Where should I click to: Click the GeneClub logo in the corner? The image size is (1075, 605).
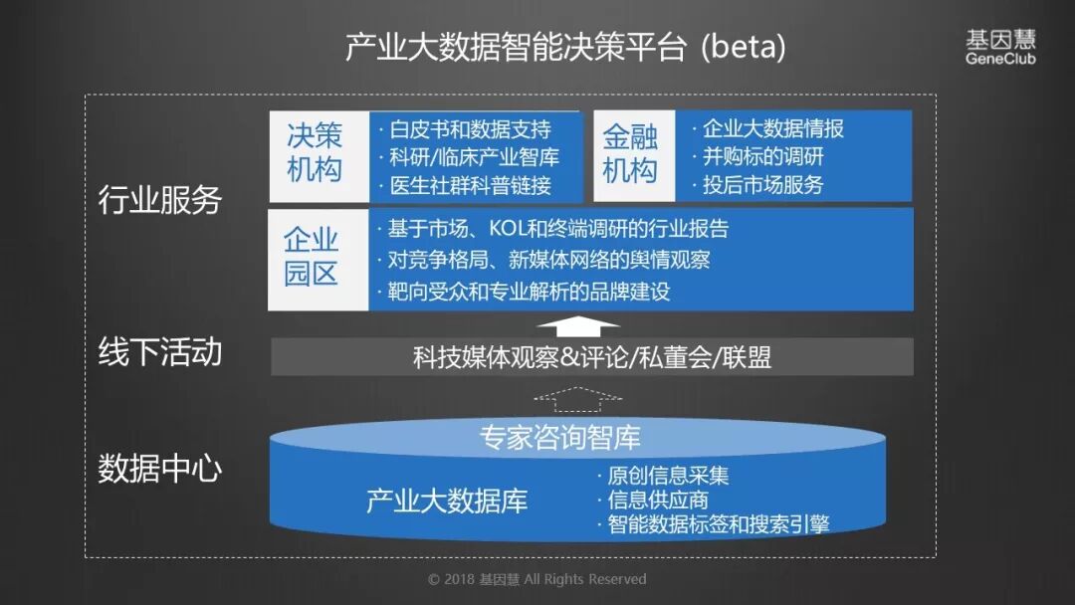(x=999, y=47)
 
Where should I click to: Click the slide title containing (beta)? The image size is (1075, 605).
(x=564, y=47)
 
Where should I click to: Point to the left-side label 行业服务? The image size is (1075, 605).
(x=159, y=200)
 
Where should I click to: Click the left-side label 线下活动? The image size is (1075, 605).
(x=159, y=352)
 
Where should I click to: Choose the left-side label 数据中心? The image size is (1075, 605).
(x=159, y=470)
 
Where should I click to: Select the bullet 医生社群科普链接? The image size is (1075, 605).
(x=468, y=185)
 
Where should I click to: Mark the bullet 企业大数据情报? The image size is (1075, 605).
(x=771, y=128)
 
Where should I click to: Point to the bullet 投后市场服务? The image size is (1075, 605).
(x=762, y=185)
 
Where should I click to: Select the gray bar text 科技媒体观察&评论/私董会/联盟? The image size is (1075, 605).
(x=591, y=357)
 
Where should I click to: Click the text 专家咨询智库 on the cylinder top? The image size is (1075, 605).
(x=559, y=437)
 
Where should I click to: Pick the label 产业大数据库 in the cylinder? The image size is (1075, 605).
(x=447, y=501)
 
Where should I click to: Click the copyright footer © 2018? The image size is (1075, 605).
(x=537, y=579)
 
